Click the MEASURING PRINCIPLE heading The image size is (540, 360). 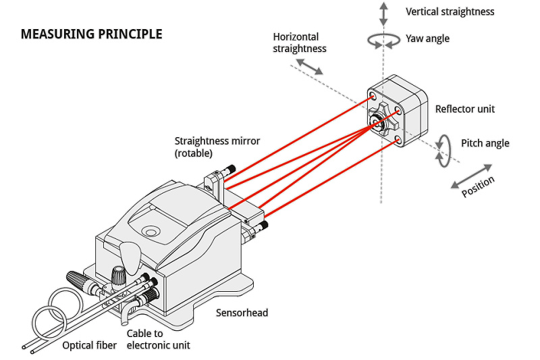tap(91, 34)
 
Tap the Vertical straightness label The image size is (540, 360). tap(450, 11)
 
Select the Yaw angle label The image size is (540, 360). tap(428, 38)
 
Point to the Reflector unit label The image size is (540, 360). tap(465, 109)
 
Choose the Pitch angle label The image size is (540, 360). tap(485, 143)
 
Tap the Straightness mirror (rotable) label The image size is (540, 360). tap(217, 147)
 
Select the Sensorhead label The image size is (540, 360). tap(242, 313)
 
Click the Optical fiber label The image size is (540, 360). tap(90, 346)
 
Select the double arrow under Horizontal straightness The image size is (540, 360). tap(310, 66)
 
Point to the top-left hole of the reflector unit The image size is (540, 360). tap(372, 98)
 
